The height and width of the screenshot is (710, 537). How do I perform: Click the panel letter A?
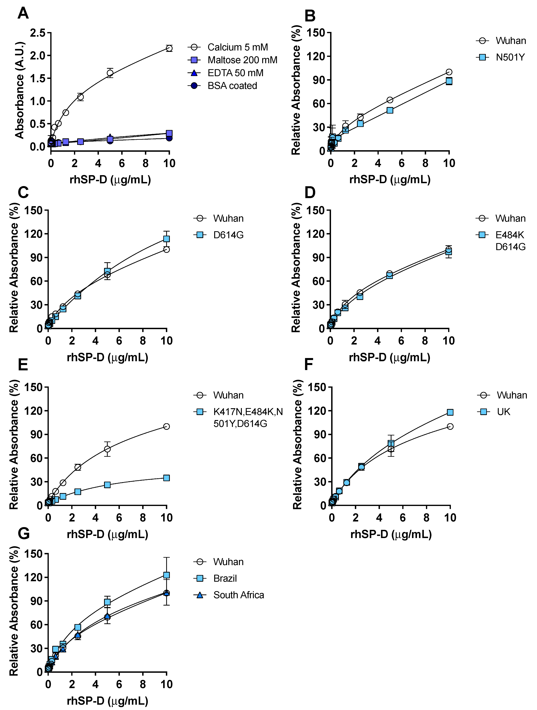click(23, 14)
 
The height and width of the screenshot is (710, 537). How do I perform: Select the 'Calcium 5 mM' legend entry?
click(237, 47)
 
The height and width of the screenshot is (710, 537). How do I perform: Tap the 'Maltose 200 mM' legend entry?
click(242, 60)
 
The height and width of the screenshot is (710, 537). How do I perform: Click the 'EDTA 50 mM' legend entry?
click(235, 73)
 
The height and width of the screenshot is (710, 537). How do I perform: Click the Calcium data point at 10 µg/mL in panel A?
click(169, 48)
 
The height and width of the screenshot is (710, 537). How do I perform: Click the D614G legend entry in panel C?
click(228, 235)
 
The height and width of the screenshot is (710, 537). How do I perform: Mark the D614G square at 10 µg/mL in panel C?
click(166, 239)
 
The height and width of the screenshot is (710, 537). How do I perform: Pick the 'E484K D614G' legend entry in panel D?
click(510, 241)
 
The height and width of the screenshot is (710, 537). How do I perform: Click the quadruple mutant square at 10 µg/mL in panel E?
click(166, 478)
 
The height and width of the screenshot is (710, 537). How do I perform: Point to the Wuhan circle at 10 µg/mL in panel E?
click(166, 426)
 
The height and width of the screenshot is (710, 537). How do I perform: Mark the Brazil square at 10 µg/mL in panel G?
click(166, 575)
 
